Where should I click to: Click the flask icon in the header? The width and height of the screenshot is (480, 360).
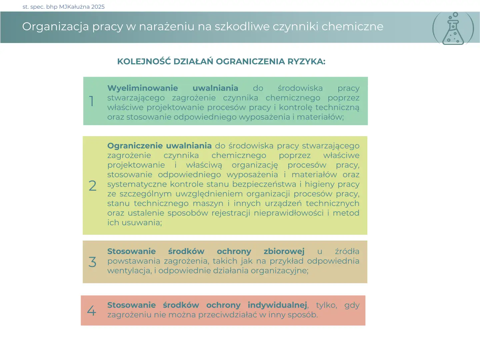[x=453, y=29]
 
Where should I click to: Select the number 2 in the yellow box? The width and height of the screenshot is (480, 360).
[x=93, y=186]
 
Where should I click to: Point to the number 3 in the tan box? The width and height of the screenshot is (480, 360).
[x=92, y=262]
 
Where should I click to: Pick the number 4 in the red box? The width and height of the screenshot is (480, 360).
[x=92, y=311]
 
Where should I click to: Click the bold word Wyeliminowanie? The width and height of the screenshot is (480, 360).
[x=143, y=88]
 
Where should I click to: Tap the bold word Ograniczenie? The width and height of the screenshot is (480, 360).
[x=135, y=146]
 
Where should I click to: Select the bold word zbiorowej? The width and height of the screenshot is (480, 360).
[x=284, y=251]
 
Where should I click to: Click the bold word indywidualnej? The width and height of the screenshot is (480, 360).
[x=277, y=305]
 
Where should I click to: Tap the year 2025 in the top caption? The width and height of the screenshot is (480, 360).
[x=98, y=7]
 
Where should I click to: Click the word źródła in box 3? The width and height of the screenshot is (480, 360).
[x=347, y=251]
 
